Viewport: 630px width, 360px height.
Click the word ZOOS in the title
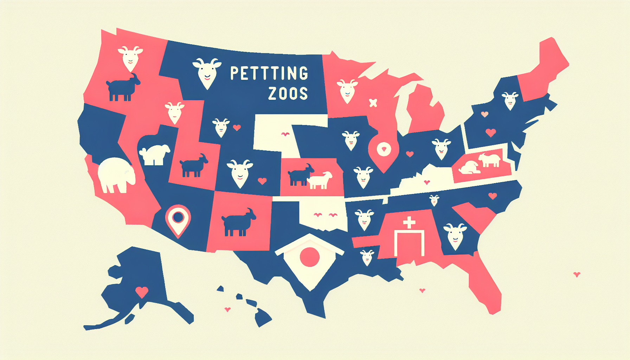click(288, 94)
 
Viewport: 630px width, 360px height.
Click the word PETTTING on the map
click(269, 73)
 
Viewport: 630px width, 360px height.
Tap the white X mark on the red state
click(373, 103)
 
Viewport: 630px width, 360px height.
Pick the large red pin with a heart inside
click(384, 150)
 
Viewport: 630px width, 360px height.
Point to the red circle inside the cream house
click(310, 257)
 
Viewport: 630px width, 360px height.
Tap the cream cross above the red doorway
click(409, 222)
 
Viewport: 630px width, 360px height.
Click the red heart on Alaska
click(142, 292)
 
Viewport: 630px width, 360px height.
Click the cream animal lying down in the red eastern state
click(469, 167)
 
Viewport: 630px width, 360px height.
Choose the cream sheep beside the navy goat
click(320, 180)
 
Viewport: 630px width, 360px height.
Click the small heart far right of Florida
click(577, 274)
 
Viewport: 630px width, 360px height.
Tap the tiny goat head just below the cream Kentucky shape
click(435, 200)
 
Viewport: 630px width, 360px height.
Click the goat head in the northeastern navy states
click(510, 100)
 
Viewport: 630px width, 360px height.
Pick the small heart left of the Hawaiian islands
click(227, 309)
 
